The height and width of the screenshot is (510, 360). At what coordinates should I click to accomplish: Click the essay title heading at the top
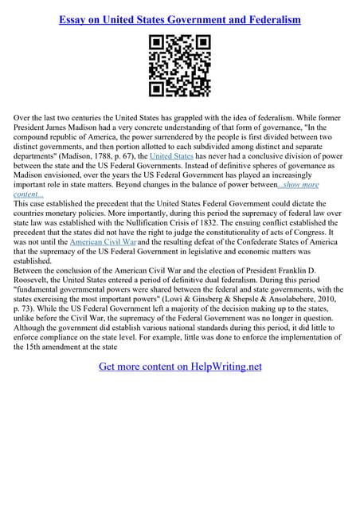[x=179, y=19]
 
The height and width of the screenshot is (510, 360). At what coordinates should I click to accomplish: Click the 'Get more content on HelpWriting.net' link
[x=179, y=367]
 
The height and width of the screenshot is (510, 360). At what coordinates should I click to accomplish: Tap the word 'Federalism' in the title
[x=268, y=19]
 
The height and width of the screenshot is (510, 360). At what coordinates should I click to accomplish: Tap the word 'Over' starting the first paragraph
[x=25, y=117]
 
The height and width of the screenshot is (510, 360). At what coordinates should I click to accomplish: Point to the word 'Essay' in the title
[x=76, y=19]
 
